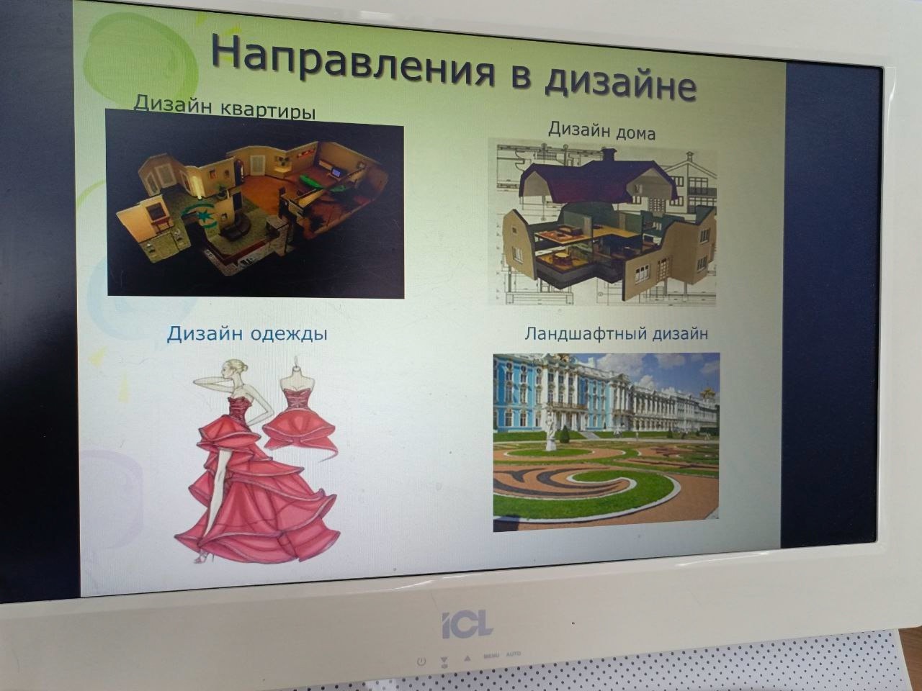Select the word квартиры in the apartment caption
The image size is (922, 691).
(268, 111)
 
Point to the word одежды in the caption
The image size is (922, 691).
(289, 335)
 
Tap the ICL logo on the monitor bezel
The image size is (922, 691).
(467, 625)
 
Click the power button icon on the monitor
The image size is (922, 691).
(421, 661)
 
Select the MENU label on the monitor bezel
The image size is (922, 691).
(491, 655)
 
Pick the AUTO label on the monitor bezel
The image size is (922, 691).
(514, 654)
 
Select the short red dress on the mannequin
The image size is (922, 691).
(300, 424)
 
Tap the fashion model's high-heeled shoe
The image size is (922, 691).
(203, 556)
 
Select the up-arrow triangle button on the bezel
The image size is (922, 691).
(467, 659)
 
